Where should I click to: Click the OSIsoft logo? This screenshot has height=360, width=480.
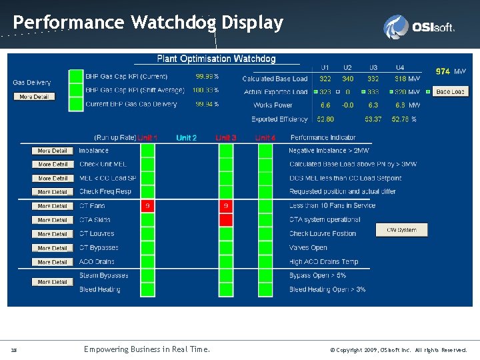point(419,27)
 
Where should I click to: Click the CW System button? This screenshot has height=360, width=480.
point(401,230)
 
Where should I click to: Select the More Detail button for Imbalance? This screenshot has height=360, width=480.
point(53,151)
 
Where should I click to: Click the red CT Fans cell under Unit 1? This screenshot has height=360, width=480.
point(147,206)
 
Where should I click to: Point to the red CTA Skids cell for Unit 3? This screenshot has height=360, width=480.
point(226,220)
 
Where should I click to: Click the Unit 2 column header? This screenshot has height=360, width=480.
point(187,138)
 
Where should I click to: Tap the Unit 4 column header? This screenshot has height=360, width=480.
point(265,138)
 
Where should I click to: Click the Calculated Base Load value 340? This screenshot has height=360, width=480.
point(348,79)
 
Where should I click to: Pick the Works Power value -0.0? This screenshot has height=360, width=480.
point(348,105)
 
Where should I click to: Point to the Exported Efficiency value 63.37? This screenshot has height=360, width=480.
point(374,119)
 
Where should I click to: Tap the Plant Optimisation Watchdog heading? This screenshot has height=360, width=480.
point(216,59)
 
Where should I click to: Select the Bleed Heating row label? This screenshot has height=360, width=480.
point(100,289)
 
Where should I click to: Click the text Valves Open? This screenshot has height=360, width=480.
point(308,248)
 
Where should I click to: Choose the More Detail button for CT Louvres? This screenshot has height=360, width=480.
point(53,234)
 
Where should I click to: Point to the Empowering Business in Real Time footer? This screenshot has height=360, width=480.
point(147,349)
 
